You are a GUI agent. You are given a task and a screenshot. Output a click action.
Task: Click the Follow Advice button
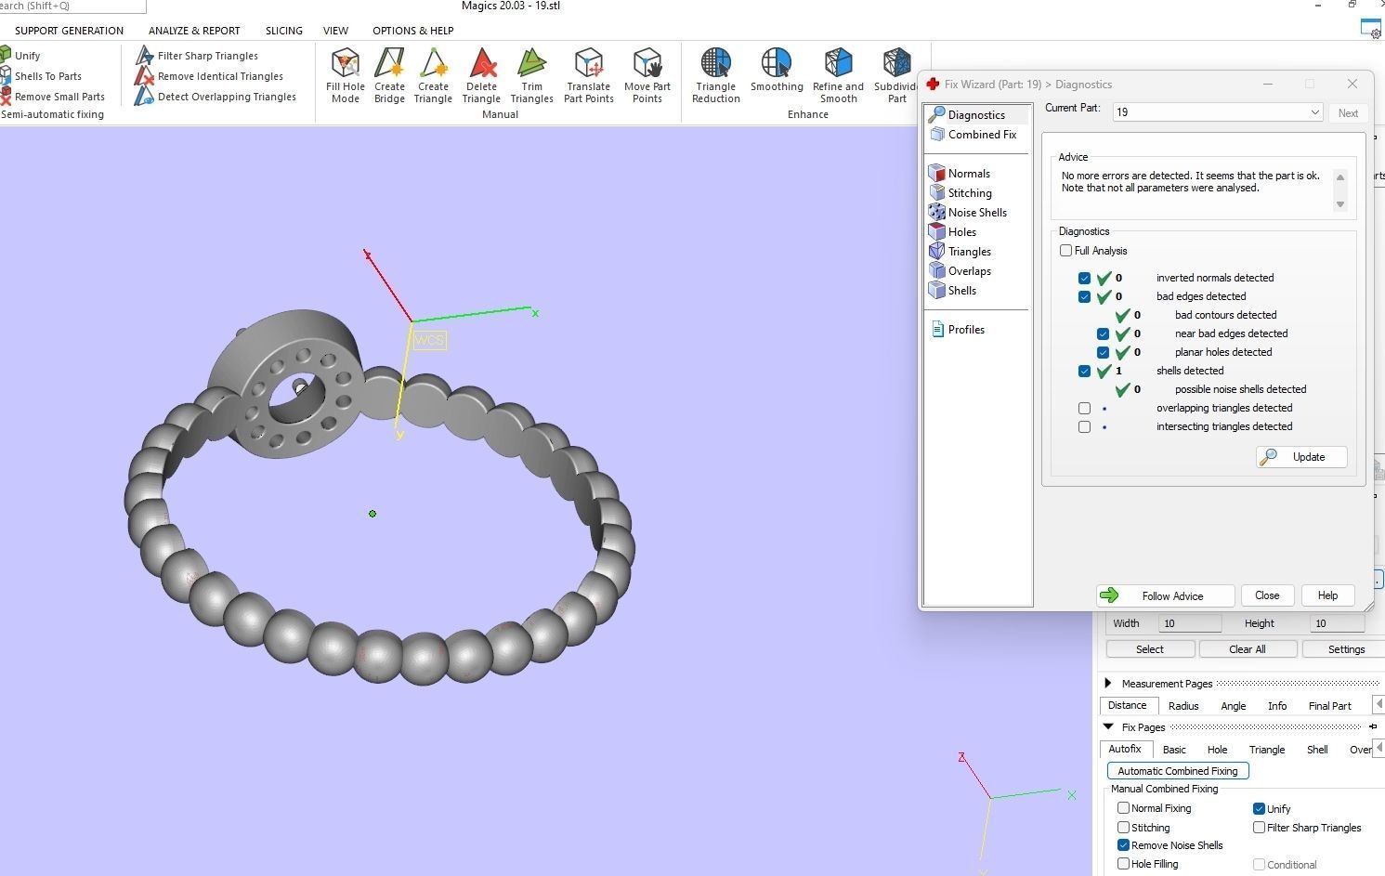point(1165,595)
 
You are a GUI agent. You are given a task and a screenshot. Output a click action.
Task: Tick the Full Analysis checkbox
point(1066,251)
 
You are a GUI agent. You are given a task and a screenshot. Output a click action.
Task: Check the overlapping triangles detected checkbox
point(1084,408)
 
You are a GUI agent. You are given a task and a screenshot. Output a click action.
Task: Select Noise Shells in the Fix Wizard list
point(976,213)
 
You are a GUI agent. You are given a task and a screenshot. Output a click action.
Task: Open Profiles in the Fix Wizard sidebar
point(965,330)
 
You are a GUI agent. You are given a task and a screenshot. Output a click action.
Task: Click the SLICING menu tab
point(283,31)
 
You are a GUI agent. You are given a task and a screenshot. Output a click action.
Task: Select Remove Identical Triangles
point(219,76)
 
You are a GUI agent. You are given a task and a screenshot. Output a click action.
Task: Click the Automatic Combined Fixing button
point(1177,771)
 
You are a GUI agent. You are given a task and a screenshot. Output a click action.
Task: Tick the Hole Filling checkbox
point(1123,863)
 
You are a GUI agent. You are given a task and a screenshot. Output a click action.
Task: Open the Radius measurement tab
point(1182,706)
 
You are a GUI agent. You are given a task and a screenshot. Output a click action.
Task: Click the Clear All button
point(1247,649)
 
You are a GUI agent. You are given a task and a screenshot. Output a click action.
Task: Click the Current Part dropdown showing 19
point(1217,112)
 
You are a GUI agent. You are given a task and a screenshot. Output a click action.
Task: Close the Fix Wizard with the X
point(1352,84)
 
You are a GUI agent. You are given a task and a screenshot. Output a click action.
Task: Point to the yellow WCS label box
point(429,340)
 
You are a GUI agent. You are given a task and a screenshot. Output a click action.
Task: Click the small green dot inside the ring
point(372,514)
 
